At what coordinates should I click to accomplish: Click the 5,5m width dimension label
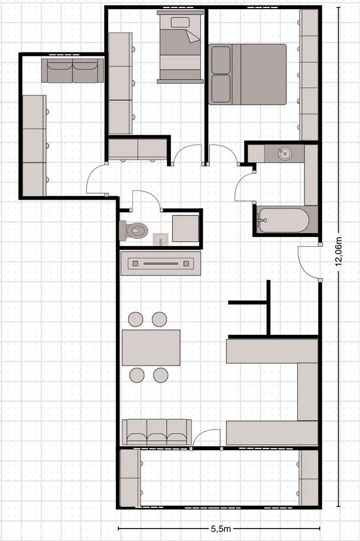pos(221,528)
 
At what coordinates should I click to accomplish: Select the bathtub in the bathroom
pos(284,220)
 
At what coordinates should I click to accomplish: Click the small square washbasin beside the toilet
pos(161,239)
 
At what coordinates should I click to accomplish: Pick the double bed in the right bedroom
pos(247,74)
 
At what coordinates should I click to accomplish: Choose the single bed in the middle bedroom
pos(180,47)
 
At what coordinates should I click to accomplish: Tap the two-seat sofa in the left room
pos(72,70)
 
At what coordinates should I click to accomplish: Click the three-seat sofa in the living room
pos(157,432)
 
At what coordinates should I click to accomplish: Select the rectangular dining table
pos(151,347)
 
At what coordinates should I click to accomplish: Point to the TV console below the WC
pos(161,263)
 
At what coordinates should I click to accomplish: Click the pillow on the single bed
pos(180,23)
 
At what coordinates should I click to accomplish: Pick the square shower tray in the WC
pos(185,228)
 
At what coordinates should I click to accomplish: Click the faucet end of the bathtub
pos(260,220)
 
